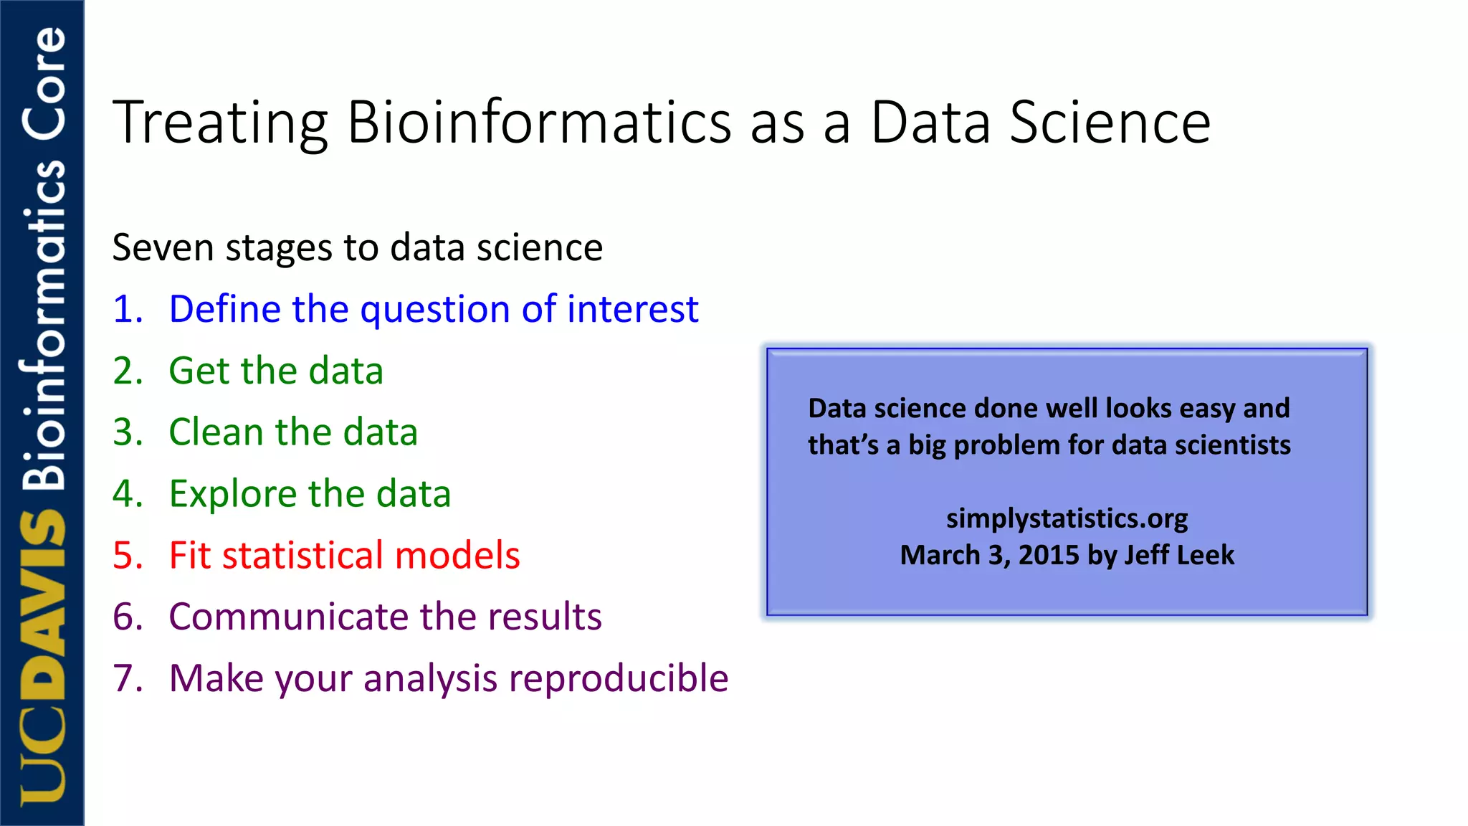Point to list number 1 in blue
128,310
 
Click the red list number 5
128,556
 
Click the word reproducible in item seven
618,679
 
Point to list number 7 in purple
128,679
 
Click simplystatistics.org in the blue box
1067,518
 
